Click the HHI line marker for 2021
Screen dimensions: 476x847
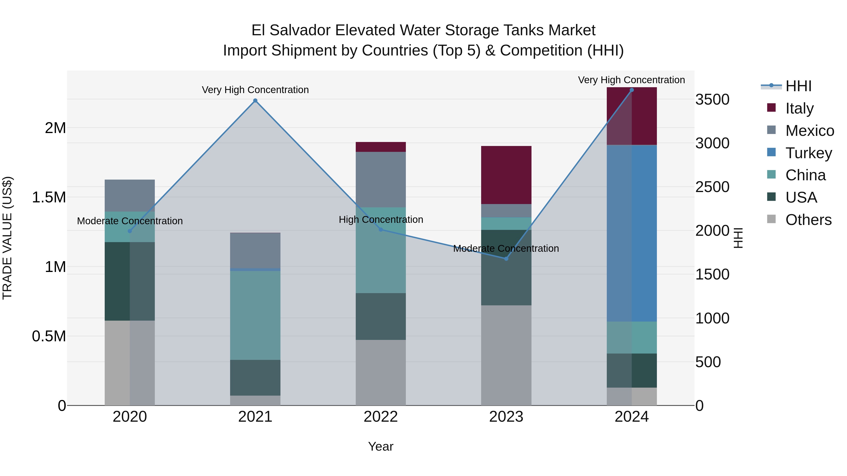(x=255, y=101)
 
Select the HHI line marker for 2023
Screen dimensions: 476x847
(x=506, y=259)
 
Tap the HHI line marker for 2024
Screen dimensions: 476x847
(x=632, y=90)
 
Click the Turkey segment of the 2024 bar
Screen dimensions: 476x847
(x=632, y=233)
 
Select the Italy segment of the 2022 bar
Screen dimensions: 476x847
(x=381, y=147)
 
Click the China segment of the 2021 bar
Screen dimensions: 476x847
(x=255, y=315)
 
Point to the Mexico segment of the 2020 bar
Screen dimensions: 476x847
(x=130, y=196)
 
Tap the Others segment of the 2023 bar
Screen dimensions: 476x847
(x=506, y=355)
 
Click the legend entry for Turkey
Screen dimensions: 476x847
(x=808, y=153)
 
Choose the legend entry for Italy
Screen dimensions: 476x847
(x=799, y=108)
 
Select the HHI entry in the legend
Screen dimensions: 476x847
(x=798, y=86)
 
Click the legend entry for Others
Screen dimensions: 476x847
(x=808, y=220)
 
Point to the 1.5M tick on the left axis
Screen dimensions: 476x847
(x=49, y=197)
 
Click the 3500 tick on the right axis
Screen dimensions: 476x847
(x=712, y=99)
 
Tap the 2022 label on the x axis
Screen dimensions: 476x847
(x=381, y=417)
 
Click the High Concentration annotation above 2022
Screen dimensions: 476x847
(x=381, y=220)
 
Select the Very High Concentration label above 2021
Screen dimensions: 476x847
(x=255, y=90)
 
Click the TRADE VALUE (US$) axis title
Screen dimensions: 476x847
(x=7, y=238)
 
